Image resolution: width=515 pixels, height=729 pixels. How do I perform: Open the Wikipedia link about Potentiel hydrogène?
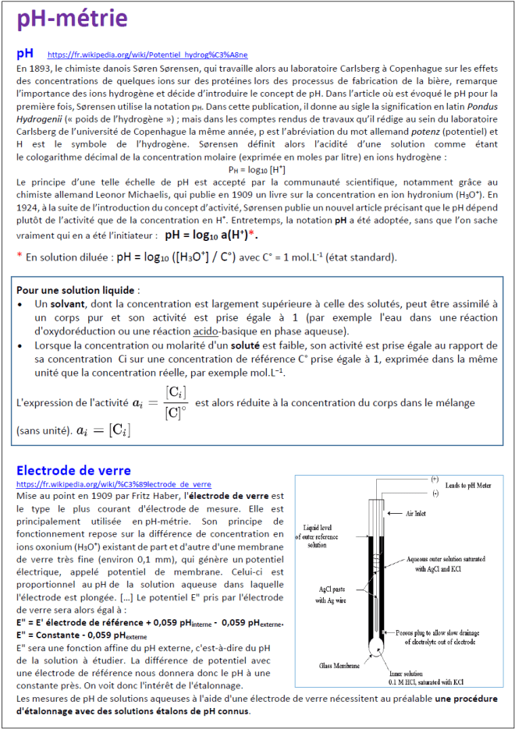click(147, 55)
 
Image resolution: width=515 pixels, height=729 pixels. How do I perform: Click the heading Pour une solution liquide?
click(67, 289)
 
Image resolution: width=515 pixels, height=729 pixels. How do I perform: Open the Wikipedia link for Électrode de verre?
click(113, 484)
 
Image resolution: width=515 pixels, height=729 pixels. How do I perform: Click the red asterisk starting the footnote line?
click(19, 257)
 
